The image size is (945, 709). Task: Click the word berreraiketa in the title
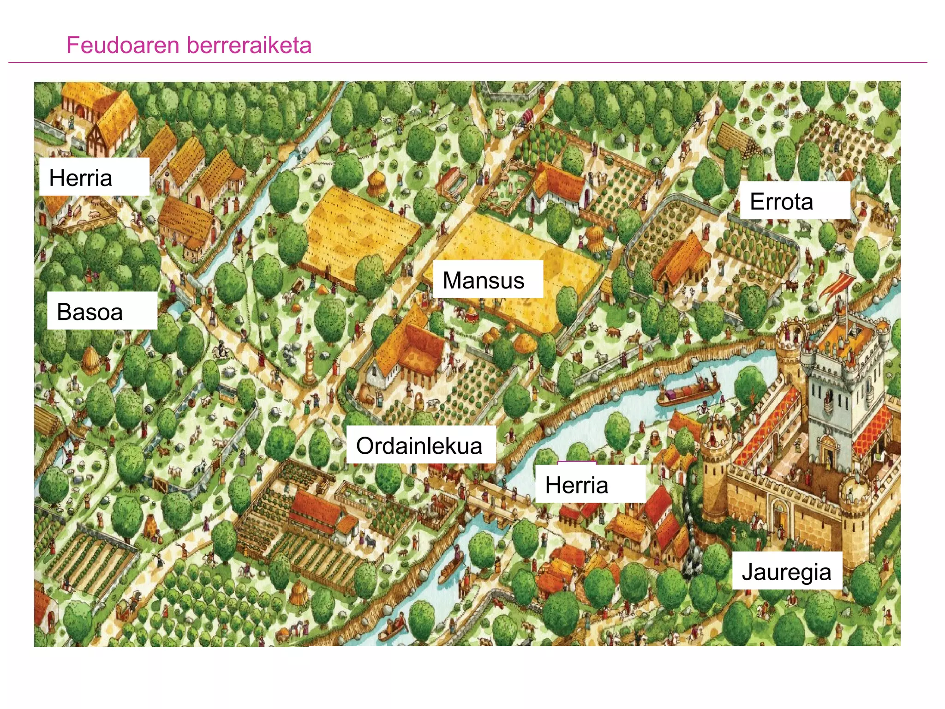point(249,45)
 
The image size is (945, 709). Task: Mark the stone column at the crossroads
point(310,362)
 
